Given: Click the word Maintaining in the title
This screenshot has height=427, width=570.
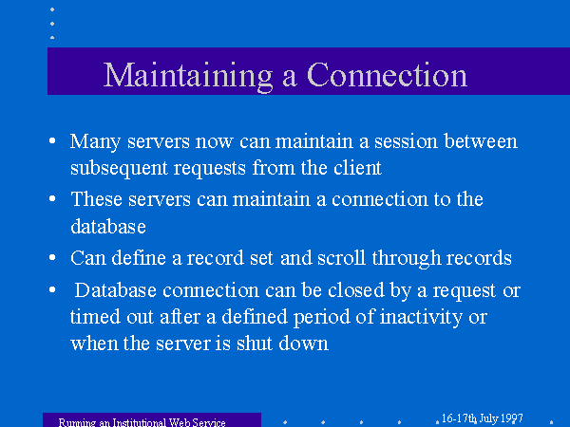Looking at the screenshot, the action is point(188,76).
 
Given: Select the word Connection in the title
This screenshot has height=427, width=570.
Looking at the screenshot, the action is point(388,75).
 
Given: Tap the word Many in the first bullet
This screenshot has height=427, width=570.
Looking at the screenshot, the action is point(95,141).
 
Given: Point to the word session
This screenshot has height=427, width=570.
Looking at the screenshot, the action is point(406,141).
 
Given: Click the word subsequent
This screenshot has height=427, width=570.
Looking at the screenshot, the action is point(119,169).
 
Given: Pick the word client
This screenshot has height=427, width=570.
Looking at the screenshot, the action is point(357,168).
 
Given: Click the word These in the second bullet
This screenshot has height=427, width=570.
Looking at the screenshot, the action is point(96,199).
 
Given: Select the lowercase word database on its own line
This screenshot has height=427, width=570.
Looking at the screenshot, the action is point(108,226).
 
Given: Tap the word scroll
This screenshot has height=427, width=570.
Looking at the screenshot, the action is point(341,258).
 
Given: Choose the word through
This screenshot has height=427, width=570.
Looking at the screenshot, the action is point(406,259).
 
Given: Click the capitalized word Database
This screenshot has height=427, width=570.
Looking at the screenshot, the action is point(115,290).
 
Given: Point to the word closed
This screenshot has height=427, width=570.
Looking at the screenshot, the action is point(356,290).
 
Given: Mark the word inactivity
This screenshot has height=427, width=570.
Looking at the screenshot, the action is point(421,317).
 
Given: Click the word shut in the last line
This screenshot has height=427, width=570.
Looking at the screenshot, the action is point(255,343).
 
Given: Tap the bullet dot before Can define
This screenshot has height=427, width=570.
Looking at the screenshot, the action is point(52,257).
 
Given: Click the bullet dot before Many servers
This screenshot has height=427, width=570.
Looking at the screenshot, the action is point(52,140).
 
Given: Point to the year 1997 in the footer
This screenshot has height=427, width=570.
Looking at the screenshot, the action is point(511,418).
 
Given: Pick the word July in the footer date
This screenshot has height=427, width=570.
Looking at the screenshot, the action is point(488,419).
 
